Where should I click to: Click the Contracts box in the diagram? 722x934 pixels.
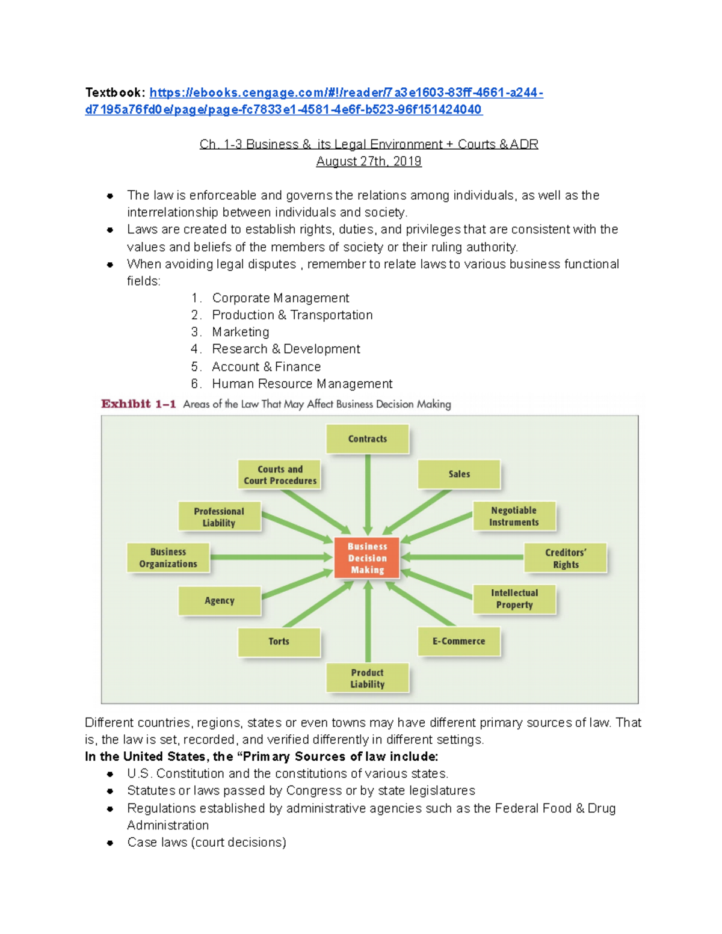click(x=368, y=439)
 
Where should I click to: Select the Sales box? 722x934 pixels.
click(x=459, y=474)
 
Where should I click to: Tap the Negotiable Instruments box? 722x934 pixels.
click(x=514, y=516)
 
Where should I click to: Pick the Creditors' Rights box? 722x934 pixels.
click(x=566, y=558)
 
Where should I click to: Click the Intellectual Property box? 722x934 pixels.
click(x=514, y=599)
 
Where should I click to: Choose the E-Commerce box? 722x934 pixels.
click(x=458, y=641)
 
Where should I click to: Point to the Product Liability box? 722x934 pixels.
click(x=368, y=678)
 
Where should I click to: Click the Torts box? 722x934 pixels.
click(x=279, y=642)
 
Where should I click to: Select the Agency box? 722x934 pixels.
click(x=220, y=600)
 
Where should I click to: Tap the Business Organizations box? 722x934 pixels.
click(x=168, y=558)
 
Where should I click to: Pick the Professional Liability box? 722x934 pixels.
click(x=219, y=517)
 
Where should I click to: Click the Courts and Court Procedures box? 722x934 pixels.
click(x=280, y=475)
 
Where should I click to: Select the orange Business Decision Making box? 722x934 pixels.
click(x=367, y=558)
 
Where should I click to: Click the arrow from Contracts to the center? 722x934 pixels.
click(x=368, y=493)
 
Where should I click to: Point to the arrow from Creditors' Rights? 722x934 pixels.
click(x=463, y=558)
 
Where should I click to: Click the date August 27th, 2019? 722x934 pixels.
click(x=369, y=161)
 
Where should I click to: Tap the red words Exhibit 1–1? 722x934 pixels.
click(x=138, y=404)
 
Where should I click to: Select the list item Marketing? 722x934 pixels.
click(x=241, y=332)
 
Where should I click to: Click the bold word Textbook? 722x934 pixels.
click(x=115, y=93)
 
